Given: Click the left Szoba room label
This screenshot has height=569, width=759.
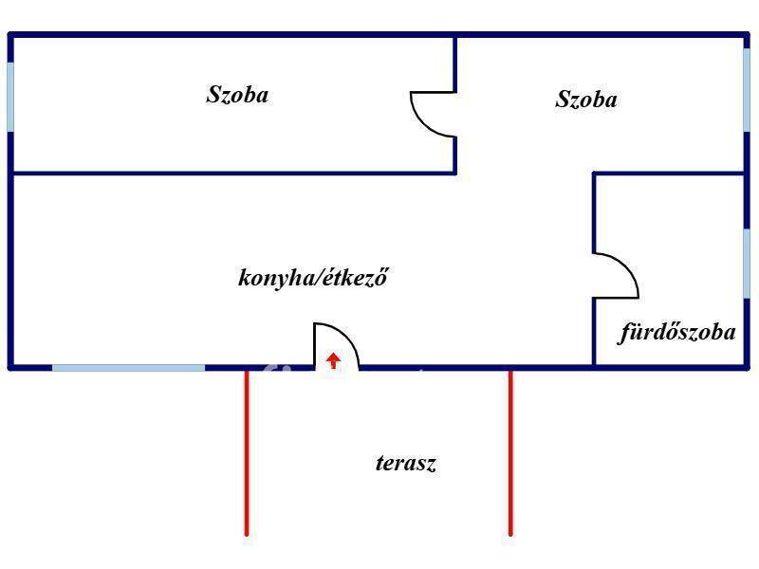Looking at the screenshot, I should point(237,95).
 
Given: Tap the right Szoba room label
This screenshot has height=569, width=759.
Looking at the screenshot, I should point(586,100).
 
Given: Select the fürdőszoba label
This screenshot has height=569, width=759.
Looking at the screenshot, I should point(677,333).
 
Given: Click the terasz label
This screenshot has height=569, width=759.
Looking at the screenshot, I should point(406,464).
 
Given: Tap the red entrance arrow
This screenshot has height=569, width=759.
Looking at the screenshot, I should point(333,360).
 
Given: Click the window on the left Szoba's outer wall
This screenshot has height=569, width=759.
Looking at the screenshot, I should point(10,97).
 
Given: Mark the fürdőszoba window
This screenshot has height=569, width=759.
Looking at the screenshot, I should point(747,264).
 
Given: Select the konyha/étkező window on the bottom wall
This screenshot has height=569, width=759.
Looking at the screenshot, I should point(128,367).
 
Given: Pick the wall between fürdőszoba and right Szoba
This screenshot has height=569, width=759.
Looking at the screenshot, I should point(669,174).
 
